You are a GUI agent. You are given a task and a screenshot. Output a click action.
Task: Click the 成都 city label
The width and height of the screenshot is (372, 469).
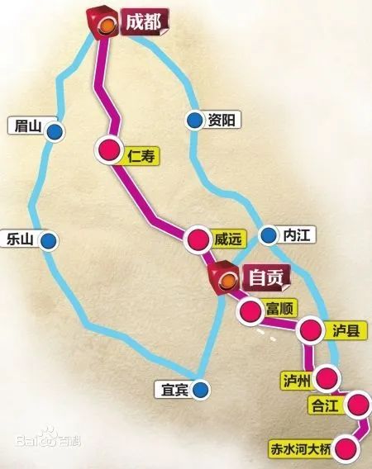pos(142,21)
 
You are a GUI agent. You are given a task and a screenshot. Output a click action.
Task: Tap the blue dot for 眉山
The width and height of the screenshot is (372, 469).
pos(55,130)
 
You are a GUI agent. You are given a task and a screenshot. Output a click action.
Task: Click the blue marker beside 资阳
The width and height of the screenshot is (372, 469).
pos(193,121)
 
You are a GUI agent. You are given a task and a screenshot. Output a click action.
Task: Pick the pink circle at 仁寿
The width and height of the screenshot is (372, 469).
pos(109,149)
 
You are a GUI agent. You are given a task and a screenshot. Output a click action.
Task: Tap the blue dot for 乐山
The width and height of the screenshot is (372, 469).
pos(49,240)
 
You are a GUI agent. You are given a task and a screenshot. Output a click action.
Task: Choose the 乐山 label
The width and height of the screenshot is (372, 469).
pos(19,239)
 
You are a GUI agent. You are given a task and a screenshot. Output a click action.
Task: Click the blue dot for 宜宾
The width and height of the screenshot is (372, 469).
pos(202,388)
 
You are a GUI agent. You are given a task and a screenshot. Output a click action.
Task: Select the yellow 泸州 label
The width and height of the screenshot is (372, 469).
pos(295,380)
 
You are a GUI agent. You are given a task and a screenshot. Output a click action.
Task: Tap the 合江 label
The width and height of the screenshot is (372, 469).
pos(322,405)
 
